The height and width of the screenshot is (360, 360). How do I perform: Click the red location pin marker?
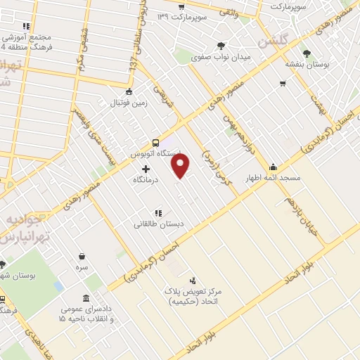[x=181, y=166]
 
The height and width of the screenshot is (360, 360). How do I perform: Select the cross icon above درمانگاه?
[x=146, y=169]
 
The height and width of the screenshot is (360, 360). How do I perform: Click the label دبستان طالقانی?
[x=155, y=225]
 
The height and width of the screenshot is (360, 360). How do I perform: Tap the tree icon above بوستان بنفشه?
[x=306, y=53]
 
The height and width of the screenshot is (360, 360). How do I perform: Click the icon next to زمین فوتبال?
[x=128, y=91]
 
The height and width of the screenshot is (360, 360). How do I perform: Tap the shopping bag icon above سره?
[x=82, y=256]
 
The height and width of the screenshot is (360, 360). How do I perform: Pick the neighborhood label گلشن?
[x=273, y=41]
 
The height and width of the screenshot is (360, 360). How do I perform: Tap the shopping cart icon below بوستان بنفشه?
[x=282, y=84]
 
